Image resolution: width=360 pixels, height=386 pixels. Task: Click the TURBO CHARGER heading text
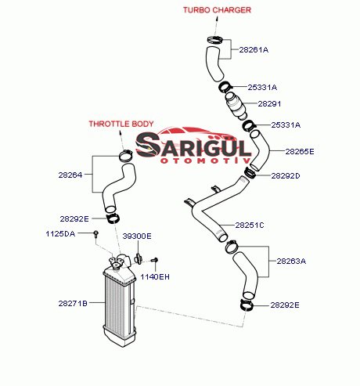coord(217,10)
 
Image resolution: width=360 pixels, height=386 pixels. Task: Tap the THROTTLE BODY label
coord(121,124)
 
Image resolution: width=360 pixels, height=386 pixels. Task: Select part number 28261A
coord(254,49)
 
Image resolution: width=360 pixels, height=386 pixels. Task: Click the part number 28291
coord(269,103)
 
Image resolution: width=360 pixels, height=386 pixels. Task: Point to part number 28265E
coord(300,151)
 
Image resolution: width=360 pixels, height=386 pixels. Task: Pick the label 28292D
coord(286,175)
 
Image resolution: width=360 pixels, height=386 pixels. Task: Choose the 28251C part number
coord(250,225)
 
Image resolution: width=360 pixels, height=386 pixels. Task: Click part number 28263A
coord(291,261)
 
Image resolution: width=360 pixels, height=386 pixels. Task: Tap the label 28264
coord(70,175)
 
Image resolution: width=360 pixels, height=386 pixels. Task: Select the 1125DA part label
coord(60,233)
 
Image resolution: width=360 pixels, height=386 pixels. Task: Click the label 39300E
coord(137,236)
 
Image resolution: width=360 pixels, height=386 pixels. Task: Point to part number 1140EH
coord(155,276)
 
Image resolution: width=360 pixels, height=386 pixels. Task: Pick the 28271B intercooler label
coord(73,303)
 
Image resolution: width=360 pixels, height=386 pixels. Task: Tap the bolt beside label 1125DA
coord(96,234)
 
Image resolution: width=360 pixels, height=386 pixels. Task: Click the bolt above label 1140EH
coord(155,260)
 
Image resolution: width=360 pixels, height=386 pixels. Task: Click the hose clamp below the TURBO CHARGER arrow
coord(215,40)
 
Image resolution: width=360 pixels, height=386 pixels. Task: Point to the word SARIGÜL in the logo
coord(193,146)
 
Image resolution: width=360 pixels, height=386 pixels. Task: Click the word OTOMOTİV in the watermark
coord(206,161)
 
